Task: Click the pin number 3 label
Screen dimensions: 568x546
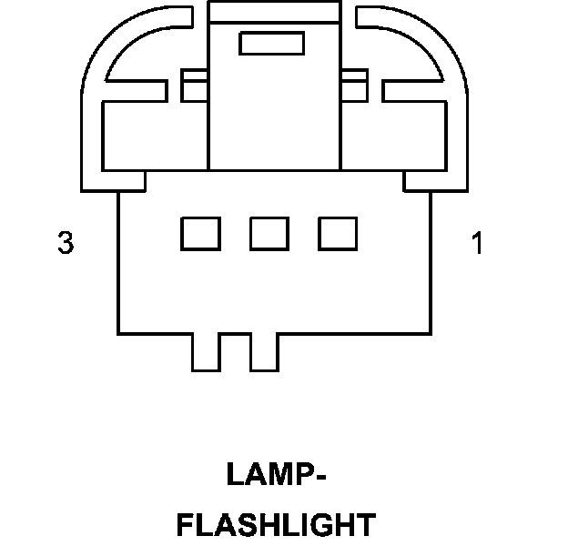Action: [65, 243]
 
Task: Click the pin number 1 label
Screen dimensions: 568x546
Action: [477, 243]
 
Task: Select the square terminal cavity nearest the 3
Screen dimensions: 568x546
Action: [200, 234]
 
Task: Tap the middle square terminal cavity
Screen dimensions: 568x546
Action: [269, 234]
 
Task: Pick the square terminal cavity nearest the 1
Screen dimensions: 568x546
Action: [337, 234]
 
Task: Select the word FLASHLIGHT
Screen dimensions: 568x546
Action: [275, 525]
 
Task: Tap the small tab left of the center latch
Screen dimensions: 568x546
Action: [194, 86]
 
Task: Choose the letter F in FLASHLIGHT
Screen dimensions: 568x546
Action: [185, 525]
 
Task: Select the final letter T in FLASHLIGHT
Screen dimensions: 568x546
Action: [363, 525]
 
